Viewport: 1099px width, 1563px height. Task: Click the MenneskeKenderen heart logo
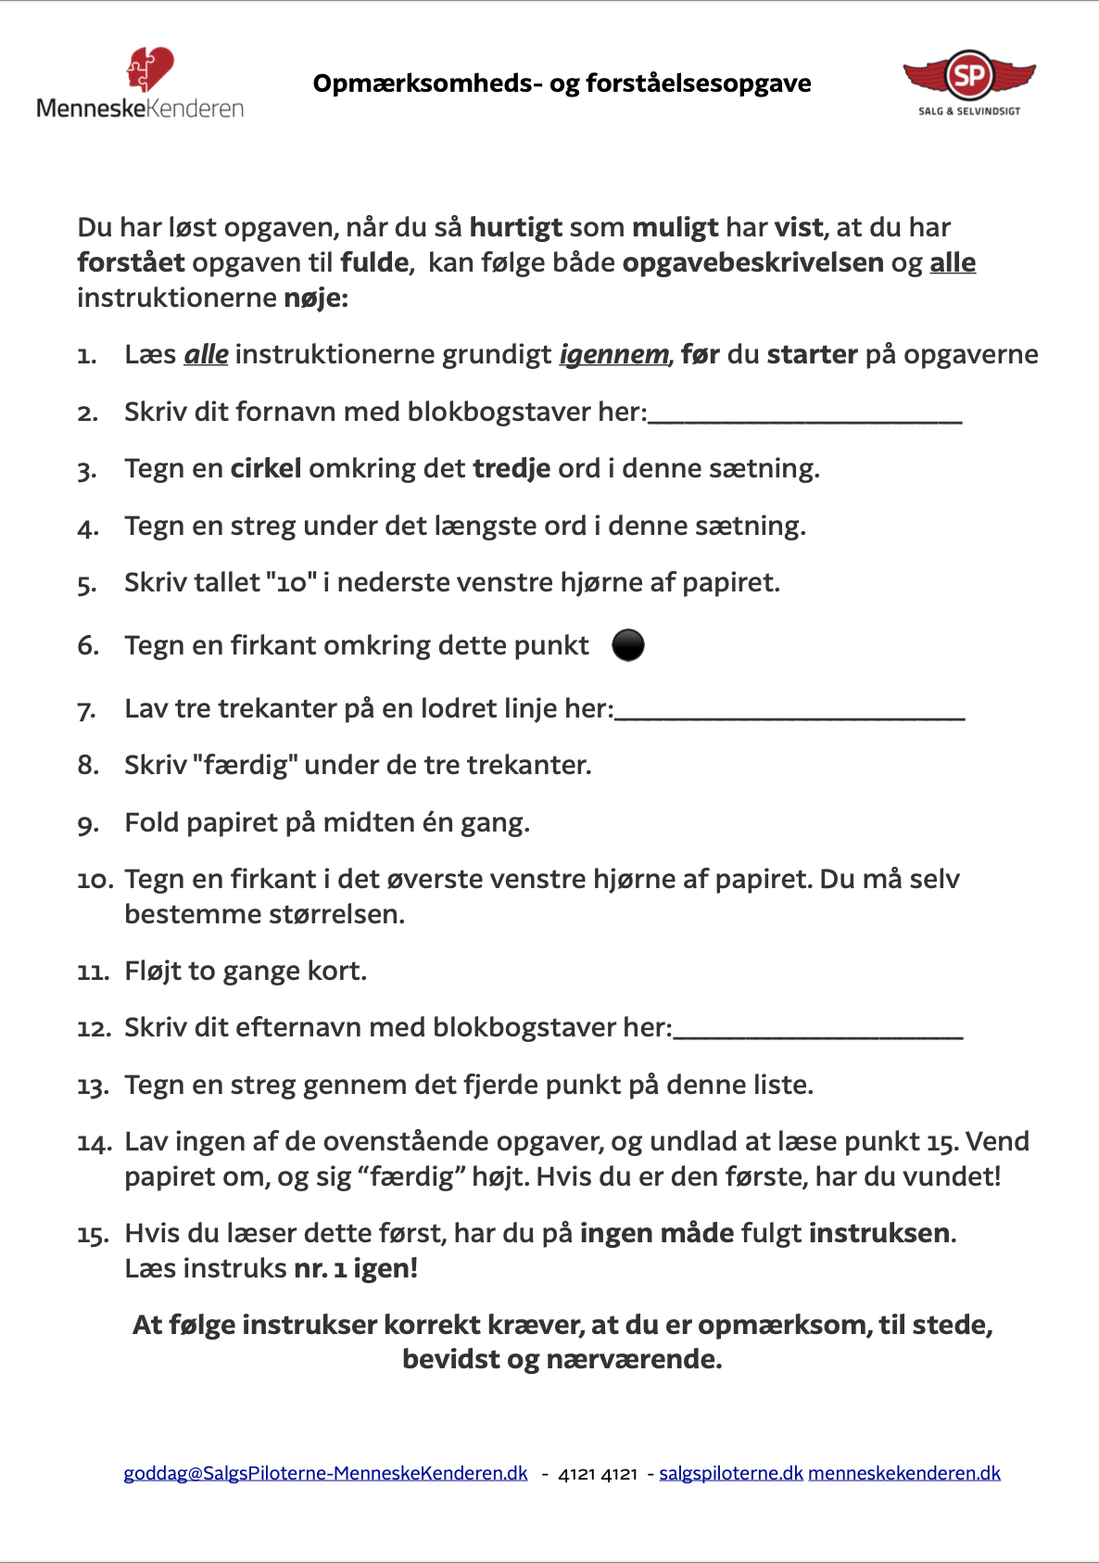pos(149,70)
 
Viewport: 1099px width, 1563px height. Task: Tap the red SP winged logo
pos(969,75)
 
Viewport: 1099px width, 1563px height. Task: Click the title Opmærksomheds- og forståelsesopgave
pos(562,83)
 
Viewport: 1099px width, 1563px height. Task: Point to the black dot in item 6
pos(628,644)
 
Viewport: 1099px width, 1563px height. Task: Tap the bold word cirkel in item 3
pos(266,468)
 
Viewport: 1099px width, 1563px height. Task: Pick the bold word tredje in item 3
pos(512,468)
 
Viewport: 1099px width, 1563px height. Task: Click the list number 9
pos(88,823)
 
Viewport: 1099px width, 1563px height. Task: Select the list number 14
pos(93,1142)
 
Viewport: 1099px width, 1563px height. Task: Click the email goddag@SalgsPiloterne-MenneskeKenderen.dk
pos(325,1473)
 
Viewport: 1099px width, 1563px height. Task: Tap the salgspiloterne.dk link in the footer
pos(730,1473)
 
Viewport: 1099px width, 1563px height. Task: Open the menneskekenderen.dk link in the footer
pos(904,1473)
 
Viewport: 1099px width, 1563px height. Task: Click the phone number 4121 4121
pos(598,1474)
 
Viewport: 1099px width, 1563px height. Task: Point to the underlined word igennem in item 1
pos(613,355)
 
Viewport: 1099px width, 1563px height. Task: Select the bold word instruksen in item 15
pos(879,1233)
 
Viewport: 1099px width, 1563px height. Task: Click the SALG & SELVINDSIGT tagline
pos(969,111)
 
